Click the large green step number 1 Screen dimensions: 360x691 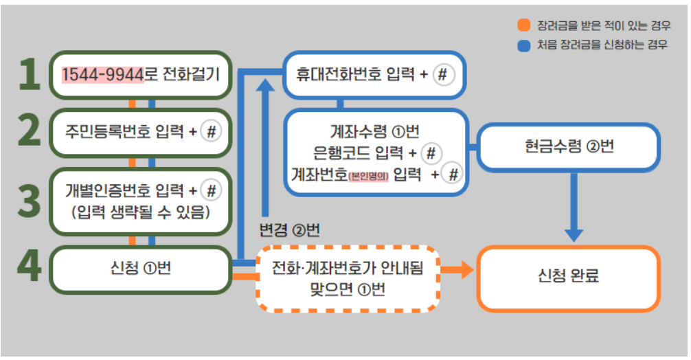click(29, 74)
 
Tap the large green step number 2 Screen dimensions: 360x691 click(29, 131)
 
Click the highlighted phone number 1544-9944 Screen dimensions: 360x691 click(102, 74)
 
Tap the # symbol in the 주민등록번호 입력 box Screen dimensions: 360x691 click(211, 131)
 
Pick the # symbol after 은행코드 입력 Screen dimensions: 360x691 click(431, 153)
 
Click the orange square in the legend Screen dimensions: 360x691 click(524, 26)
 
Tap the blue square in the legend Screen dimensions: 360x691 click(524, 46)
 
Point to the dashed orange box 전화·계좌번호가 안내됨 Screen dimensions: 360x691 click(348, 278)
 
